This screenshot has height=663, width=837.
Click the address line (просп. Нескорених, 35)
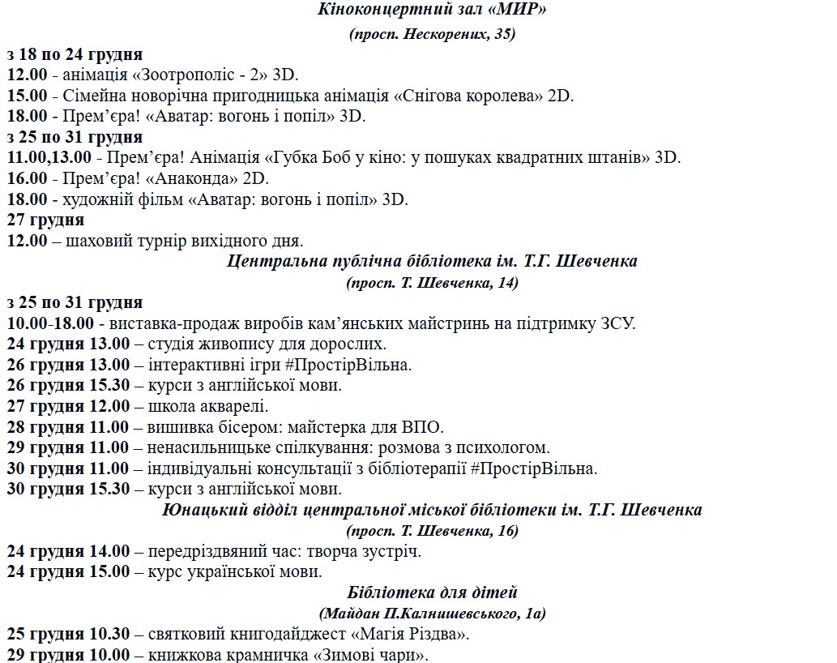432,34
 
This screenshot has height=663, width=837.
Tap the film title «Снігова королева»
469,96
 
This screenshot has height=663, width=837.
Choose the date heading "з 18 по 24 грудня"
75,54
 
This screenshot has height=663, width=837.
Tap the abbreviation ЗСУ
618,323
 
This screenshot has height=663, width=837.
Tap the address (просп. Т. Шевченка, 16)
432,531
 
